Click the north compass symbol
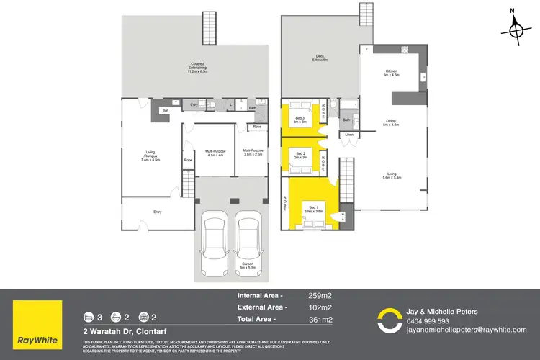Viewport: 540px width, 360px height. (515, 30)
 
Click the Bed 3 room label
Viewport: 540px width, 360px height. (299, 120)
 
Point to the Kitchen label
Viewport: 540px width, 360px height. (391, 71)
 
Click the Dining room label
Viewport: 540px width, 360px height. (391, 122)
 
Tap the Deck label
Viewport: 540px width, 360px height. (320, 59)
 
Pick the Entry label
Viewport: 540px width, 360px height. (158, 212)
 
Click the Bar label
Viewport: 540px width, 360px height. (165, 110)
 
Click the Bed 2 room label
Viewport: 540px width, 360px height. (299, 156)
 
